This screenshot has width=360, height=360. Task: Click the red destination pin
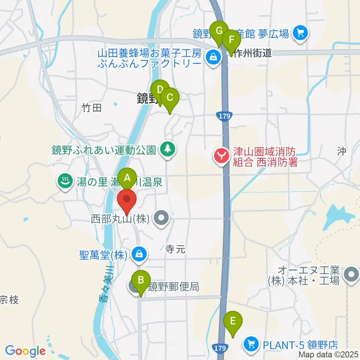(x=127, y=201)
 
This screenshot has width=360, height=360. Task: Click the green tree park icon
(x=167, y=149)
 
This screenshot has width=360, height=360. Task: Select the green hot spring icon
(x=65, y=182)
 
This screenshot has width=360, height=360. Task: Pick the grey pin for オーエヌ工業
(x=351, y=275)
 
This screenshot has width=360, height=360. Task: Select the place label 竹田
(x=92, y=108)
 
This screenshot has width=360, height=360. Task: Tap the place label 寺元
(x=175, y=249)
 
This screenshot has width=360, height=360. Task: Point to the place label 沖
(x=341, y=151)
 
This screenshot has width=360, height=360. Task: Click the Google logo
(x=25, y=351)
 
